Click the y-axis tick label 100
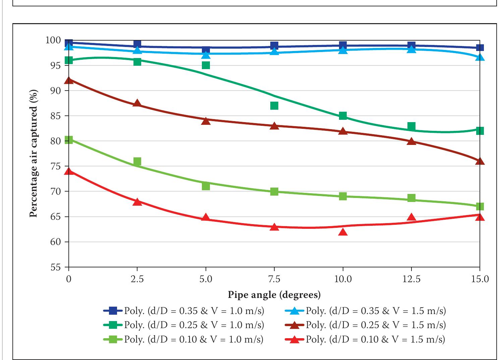[53, 41]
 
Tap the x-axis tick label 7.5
[274, 279]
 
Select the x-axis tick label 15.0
[480, 279]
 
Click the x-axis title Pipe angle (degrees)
[274, 295]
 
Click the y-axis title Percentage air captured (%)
[33, 153]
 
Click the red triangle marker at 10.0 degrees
[343, 232]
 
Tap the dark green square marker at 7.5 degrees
[274, 106]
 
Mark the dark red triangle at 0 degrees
[69, 81]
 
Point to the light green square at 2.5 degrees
[137, 162]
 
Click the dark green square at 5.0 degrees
[206, 65]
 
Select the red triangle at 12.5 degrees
[411, 217]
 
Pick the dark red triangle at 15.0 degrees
[480, 161]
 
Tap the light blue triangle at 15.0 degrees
[480, 57]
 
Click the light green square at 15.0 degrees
[480, 206]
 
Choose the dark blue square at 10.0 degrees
[343, 45]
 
